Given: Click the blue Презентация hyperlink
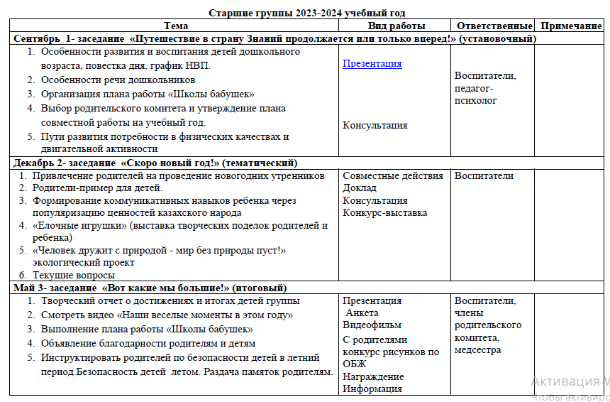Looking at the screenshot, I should pyautogui.click(x=372, y=63).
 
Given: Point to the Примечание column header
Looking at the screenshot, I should pyautogui.click(x=571, y=26).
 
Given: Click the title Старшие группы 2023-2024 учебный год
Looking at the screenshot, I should pyautogui.click(x=306, y=13).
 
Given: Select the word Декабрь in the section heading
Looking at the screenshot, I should pyautogui.click(x=35, y=163).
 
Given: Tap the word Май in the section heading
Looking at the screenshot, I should pyautogui.click(x=23, y=288).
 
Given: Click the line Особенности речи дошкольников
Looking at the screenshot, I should pyautogui.click(x=118, y=80).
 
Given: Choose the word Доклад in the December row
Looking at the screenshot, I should pyautogui.click(x=359, y=188).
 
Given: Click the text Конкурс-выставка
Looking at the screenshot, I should pyautogui.click(x=384, y=212).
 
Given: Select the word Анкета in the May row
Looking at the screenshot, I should pyautogui.click(x=362, y=313).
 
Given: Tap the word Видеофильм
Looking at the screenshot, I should pyautogui.click(x=371, y=325).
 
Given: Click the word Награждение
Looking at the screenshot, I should pyautogui.click(x=373, y=376).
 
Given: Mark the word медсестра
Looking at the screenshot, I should pyautogui.click(x=477, y=349).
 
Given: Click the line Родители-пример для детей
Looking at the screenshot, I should pyautogui.click(x=97, y=188).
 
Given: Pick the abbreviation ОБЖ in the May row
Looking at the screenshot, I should pyautogui.click(x=354, y=364).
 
